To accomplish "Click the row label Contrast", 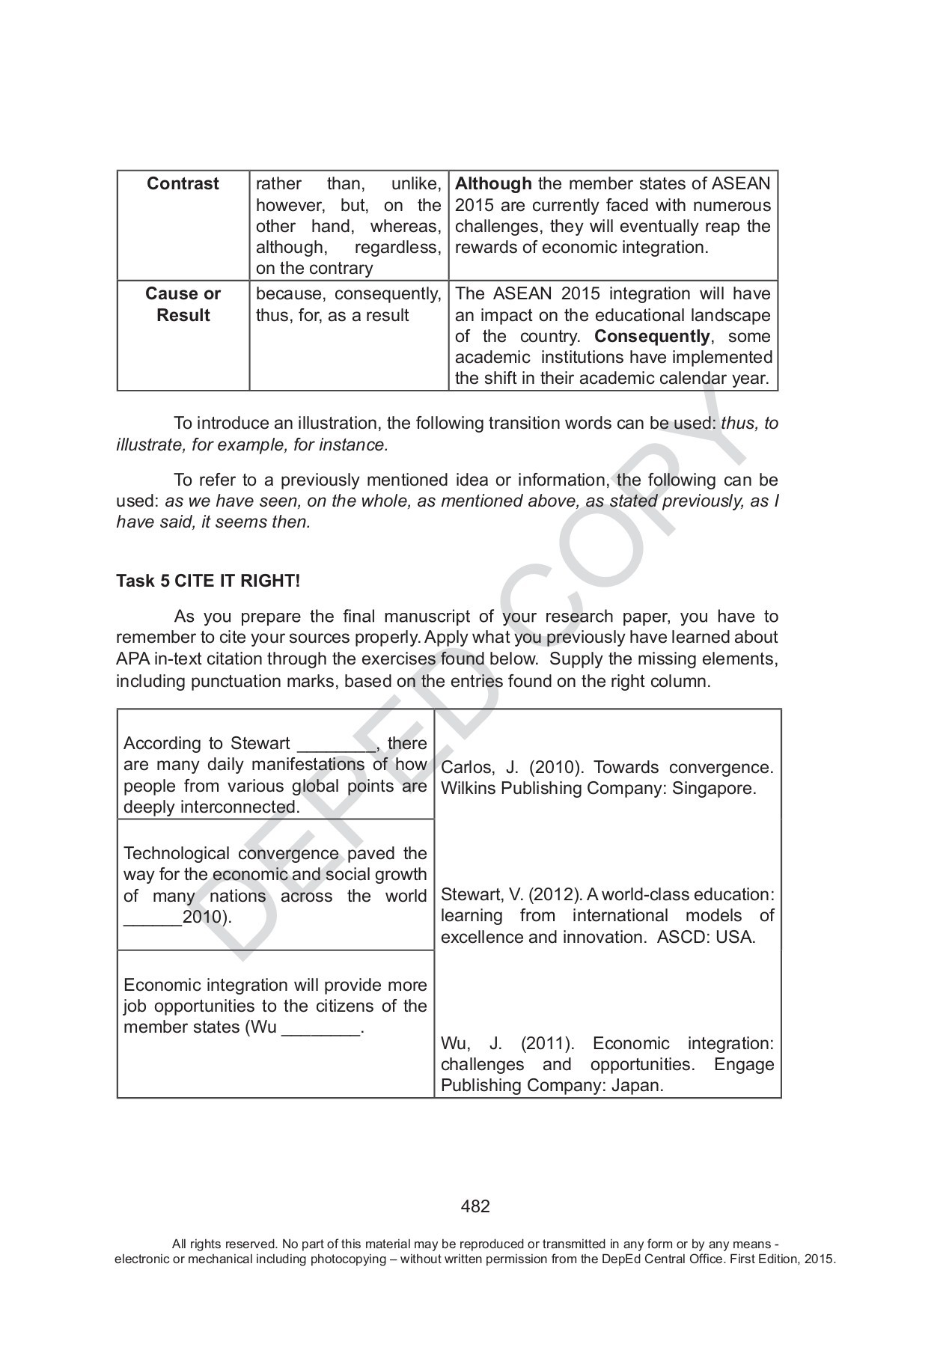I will [183, 184].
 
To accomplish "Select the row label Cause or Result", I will [183, 305].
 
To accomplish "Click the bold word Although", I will [493, 184].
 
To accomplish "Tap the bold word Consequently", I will [651, 336].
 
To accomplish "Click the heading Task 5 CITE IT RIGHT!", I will [208, 581].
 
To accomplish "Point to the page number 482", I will [475, 1206].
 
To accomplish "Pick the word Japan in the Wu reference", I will [637, 1086].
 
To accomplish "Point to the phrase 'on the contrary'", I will [314, 269].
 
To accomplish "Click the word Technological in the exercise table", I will [177, 854].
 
